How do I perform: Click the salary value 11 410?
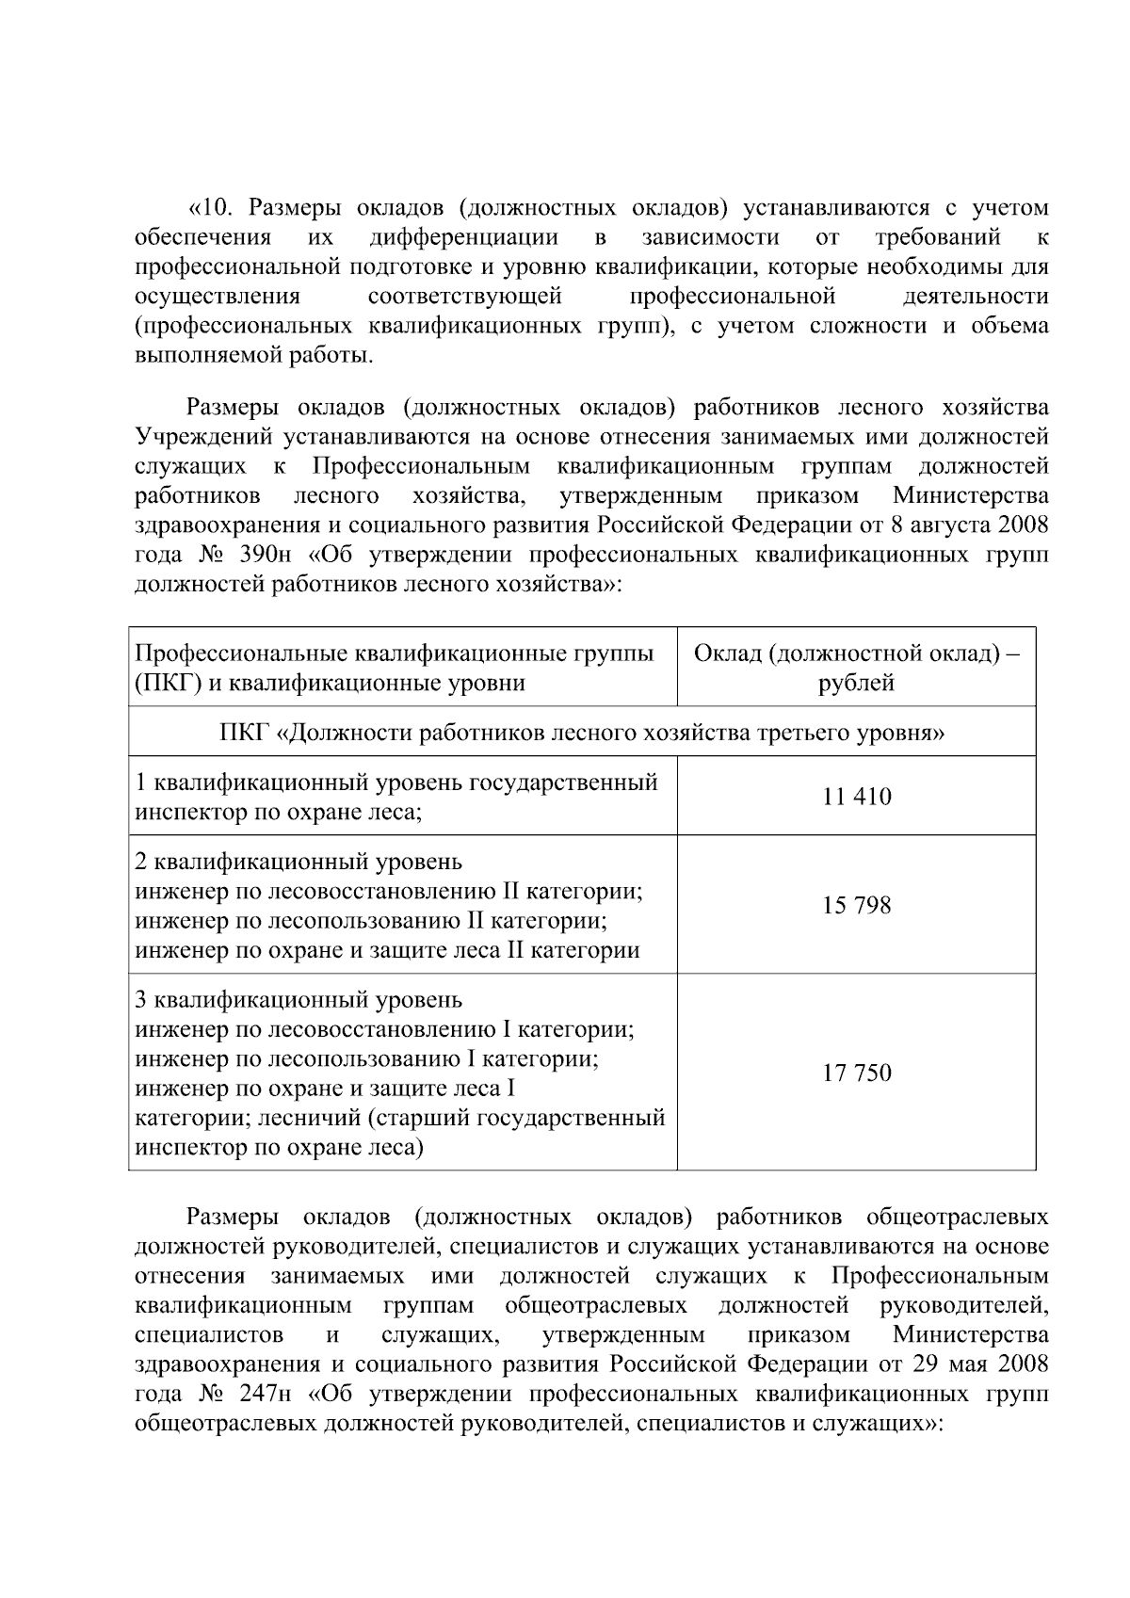[856, 797]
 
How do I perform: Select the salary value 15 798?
[856, 906]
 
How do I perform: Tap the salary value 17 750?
[856, 1073]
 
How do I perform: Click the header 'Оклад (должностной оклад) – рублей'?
[856, 668]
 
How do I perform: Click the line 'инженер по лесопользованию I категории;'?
[368, 1058]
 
